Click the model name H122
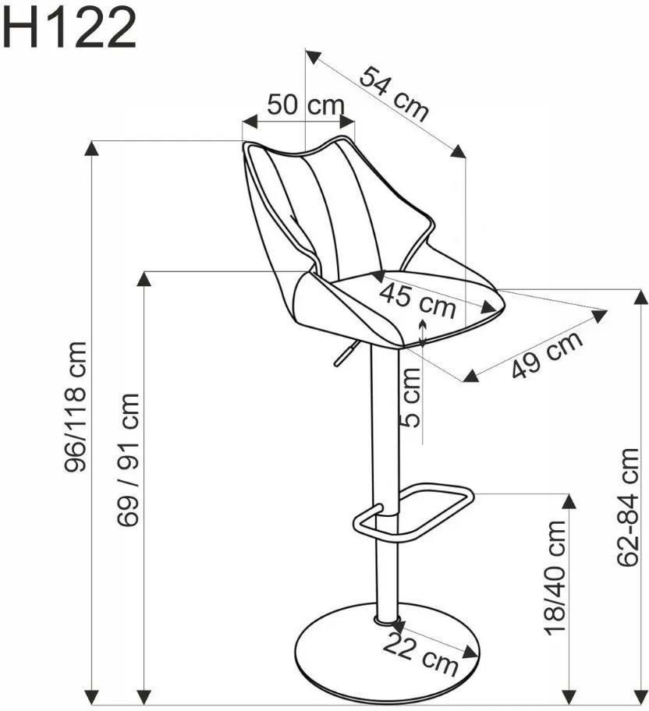(69, 28)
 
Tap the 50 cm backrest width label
(306, 105)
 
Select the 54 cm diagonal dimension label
(394, 94)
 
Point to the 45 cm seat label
(418, 300)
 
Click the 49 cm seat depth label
(547, 354)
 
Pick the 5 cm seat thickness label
(411, 398)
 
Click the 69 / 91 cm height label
(128, 459)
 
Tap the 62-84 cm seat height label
(628, 507)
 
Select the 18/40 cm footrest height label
(555, 578)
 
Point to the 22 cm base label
(420, 654)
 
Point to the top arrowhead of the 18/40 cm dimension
(569, 501)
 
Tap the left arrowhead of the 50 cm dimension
(250, 122)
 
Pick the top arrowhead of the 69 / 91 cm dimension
(144, 279)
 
